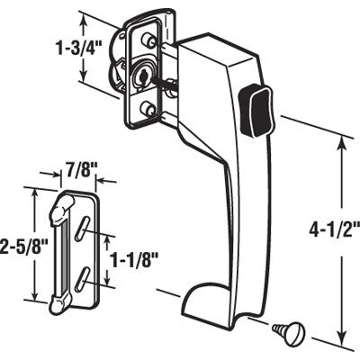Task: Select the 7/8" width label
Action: coord(78,173)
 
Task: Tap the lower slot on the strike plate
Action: coord(82,279)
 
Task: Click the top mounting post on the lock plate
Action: coord(148,40)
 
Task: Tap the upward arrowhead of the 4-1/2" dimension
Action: coord(343,144)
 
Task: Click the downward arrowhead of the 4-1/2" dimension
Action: coord(341,338)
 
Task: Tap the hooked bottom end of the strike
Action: coord(60,303)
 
